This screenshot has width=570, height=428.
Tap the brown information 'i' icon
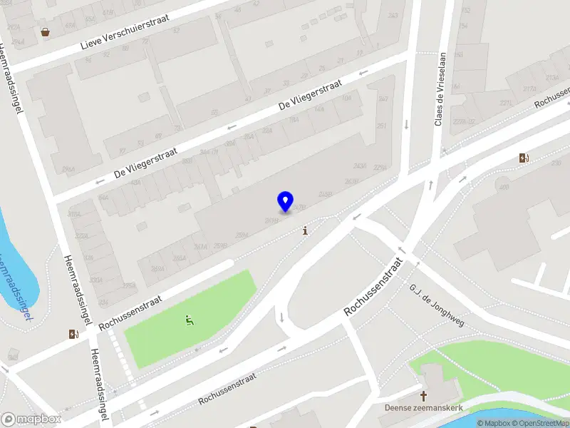click(x=306, y=230)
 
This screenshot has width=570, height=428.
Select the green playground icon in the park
click(x=190, y=320)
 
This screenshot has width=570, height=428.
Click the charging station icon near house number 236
click(x=524, y=158)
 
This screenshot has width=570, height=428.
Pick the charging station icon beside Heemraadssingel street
click(x=74, y=334)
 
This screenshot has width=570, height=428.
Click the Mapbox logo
click(x=31, y=419)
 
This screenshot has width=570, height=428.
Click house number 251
click(x=381, y=126)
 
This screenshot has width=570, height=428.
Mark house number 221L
click(x=506, y=103)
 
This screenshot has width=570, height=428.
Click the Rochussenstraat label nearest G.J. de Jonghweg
click(x=374, y=287)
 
